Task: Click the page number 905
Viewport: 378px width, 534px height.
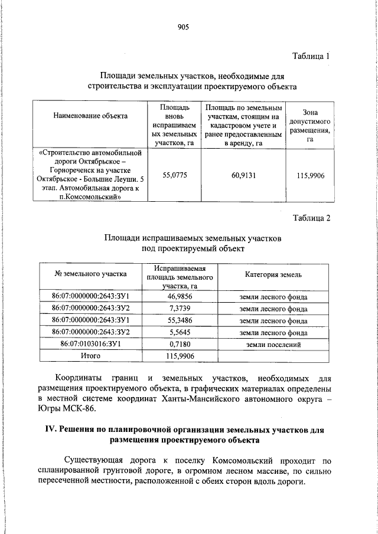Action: coord(183,27)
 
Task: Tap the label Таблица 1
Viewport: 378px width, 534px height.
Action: coord(311,56)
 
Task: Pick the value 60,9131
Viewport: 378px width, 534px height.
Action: coord(243,175)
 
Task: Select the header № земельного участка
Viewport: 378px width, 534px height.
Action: coord(90,274)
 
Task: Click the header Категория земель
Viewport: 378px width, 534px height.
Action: coord(273,274)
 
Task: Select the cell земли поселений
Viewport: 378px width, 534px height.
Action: coord(273,345)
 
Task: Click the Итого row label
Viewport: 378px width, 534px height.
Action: coord(90,356)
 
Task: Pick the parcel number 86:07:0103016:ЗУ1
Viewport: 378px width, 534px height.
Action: coord(90,345)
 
